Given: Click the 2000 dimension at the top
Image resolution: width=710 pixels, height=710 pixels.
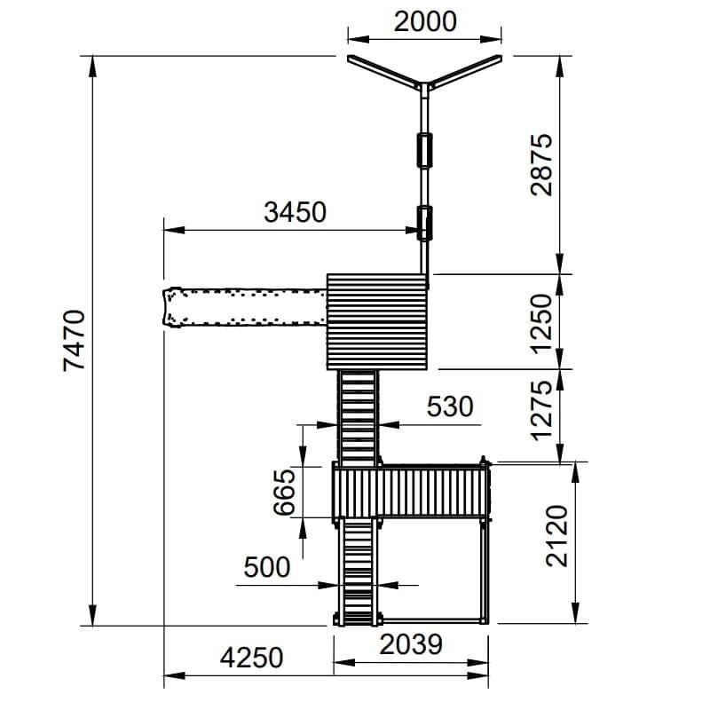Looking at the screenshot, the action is [425, 22].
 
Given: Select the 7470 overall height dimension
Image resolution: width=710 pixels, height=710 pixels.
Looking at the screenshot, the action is [74, 341].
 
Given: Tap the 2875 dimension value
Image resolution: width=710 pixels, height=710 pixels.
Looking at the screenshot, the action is [541, 165].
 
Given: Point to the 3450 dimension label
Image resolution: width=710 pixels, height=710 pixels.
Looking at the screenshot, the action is [295, 212].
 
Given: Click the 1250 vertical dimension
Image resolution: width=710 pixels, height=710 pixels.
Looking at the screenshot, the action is [541, 324].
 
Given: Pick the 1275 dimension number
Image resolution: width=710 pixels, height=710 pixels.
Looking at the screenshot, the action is [541, 411].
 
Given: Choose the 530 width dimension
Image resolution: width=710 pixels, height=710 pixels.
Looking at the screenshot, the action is [450, 406].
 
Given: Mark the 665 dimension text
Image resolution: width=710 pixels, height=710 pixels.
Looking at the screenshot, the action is [284, 493].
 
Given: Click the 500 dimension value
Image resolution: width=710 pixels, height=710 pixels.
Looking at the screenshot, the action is [267, 567].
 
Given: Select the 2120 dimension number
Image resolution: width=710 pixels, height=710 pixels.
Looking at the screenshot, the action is [557, 536].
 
